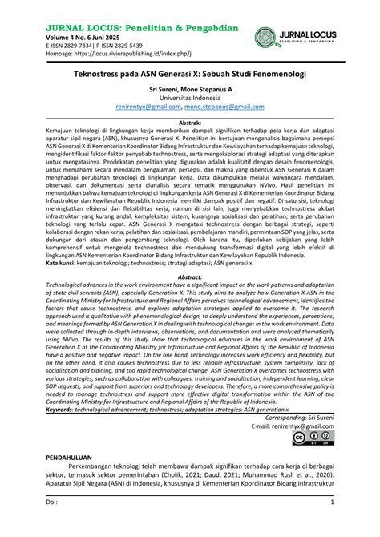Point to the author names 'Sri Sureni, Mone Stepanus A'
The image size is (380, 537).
pos(189,89)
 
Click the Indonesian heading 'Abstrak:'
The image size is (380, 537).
pos(189,123)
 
